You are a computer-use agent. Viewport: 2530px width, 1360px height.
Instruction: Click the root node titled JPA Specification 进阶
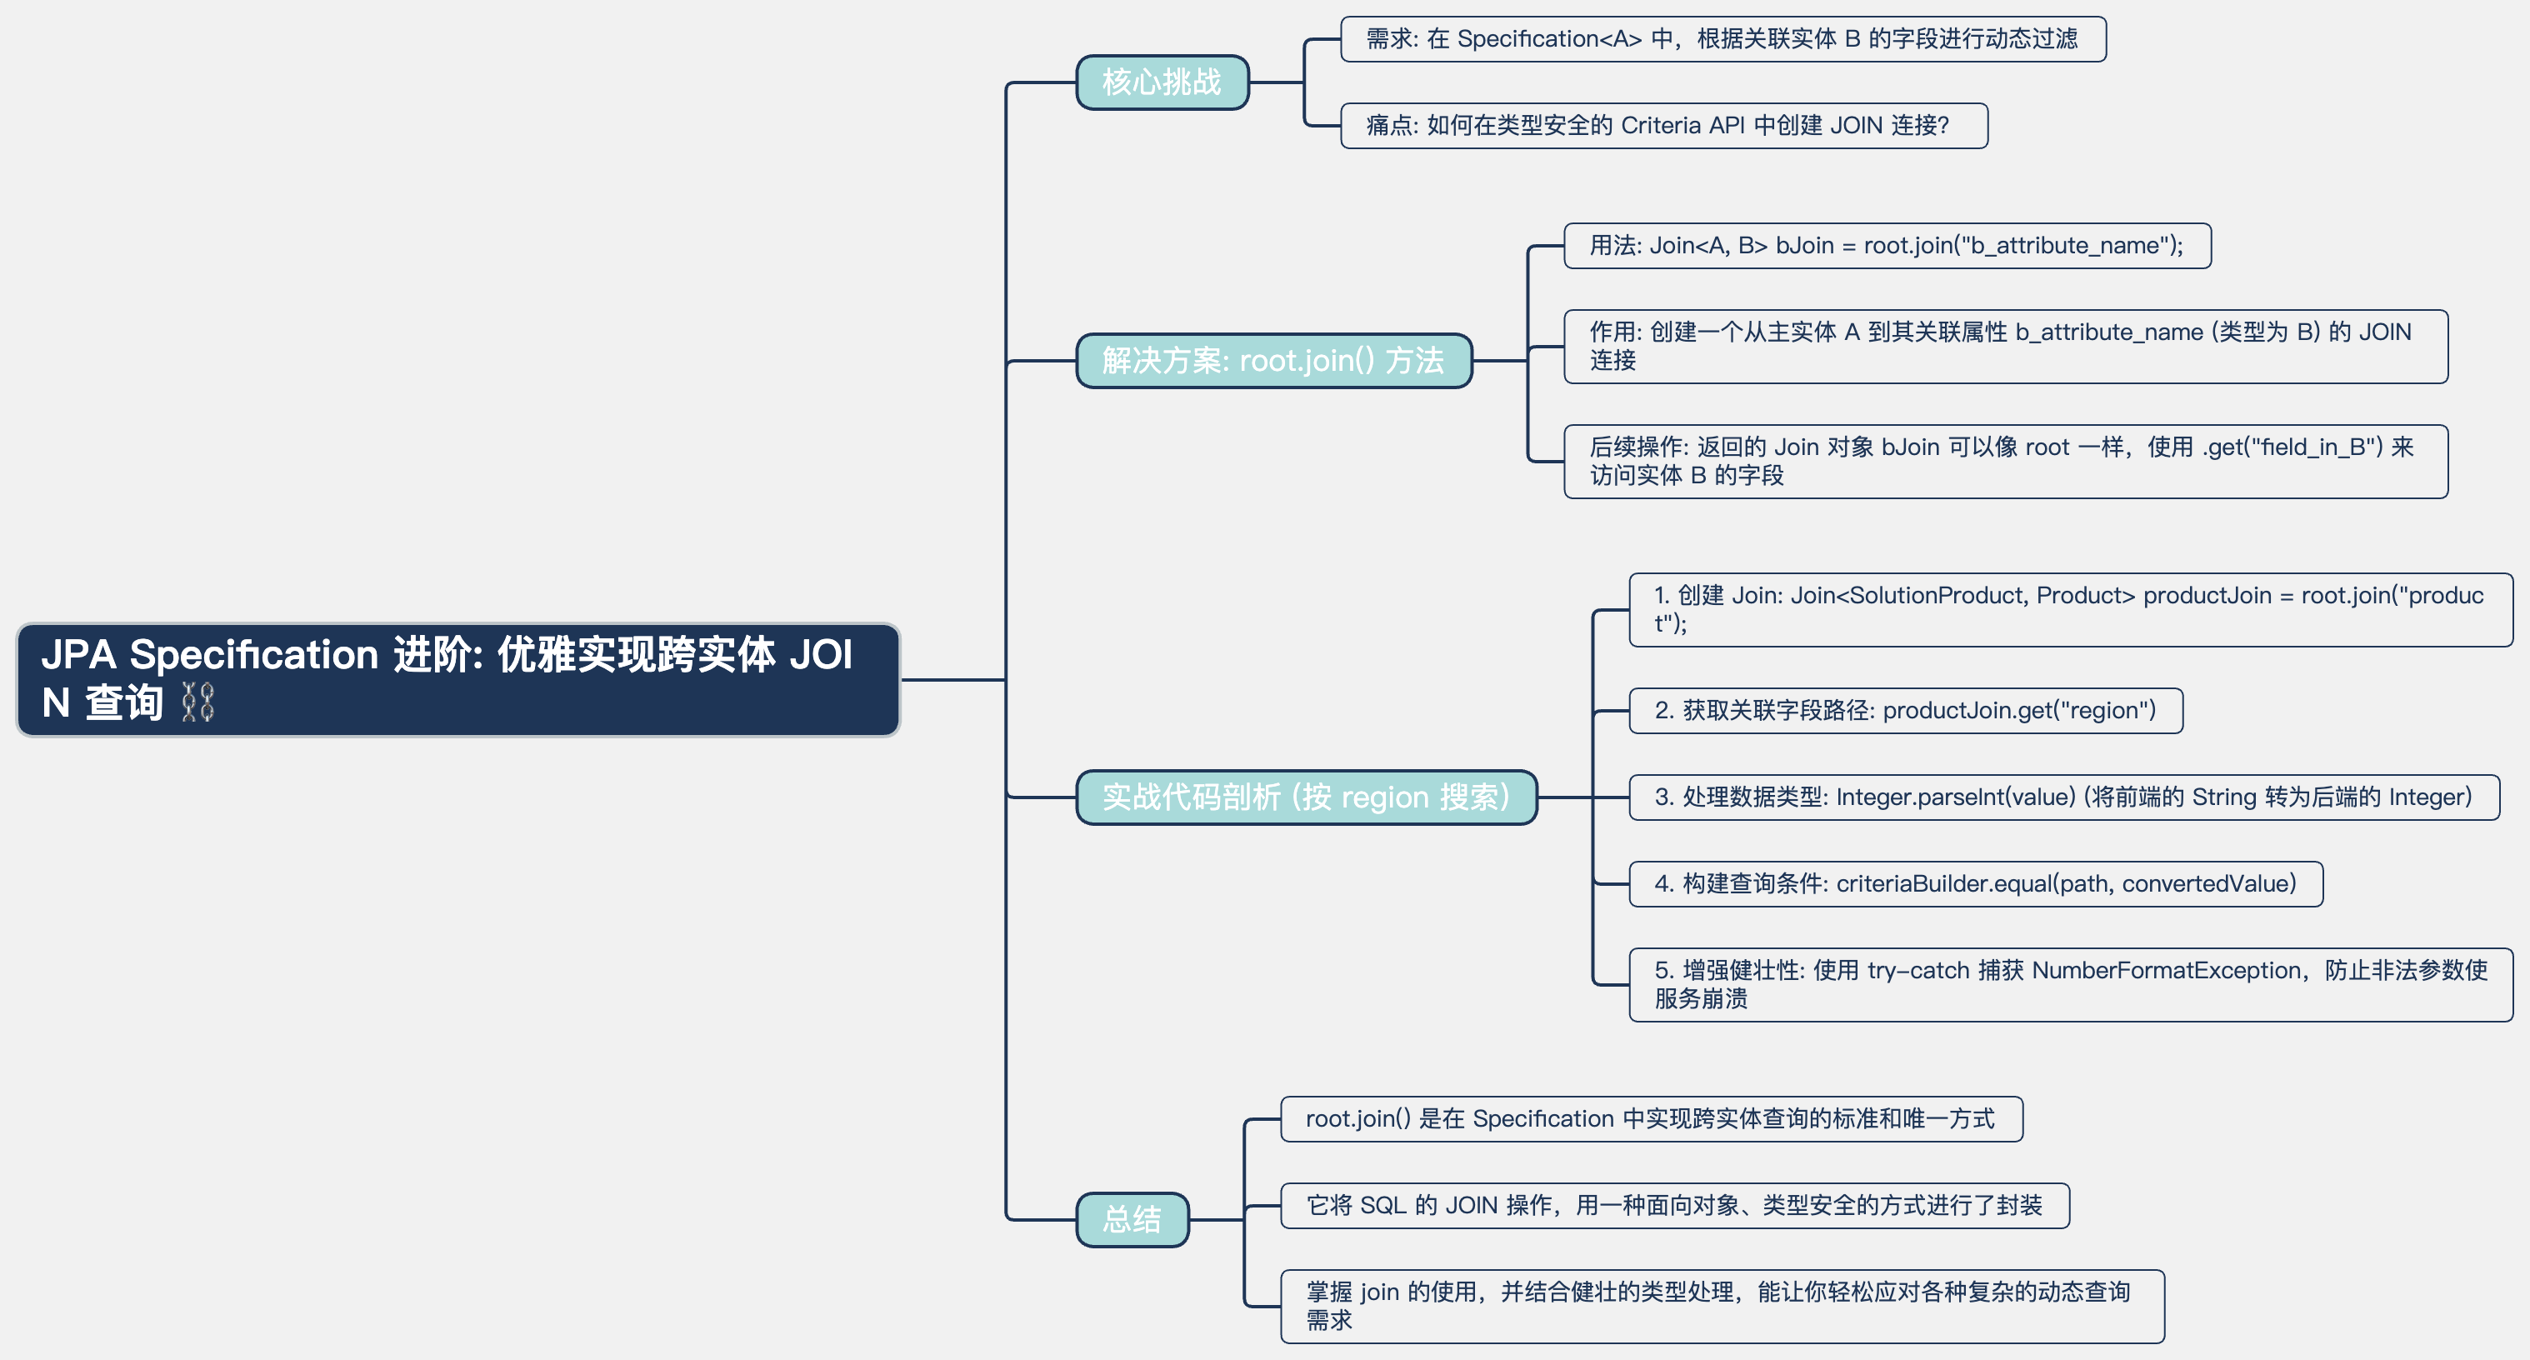[x=457, y=678]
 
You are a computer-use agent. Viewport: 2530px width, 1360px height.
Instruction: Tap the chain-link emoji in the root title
[x=198, y=703]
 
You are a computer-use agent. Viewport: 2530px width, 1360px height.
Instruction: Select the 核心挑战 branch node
[x=1162, y=82]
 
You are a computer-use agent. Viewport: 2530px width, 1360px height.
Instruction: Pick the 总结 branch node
[x=1132, y=1218]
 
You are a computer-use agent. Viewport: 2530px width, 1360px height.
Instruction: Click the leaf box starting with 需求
[x=1722, y=39]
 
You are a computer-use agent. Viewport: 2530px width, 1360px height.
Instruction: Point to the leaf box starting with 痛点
[x=1662, y=126]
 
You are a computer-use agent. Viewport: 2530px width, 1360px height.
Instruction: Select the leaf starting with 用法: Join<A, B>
[x=1886, y=246]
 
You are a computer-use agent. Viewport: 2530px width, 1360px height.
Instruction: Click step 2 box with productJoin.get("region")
[x=1904, y=710]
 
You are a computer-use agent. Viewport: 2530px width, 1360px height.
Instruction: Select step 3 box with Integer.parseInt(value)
[x=2062, y=797]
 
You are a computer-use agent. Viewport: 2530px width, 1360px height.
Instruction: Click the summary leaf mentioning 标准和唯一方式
[x=1650, y=1118]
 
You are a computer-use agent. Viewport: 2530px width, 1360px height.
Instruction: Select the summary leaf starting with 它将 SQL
[x=1673, y=1205]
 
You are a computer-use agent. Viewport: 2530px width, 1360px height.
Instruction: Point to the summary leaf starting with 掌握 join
[x=1721, y=1305]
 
